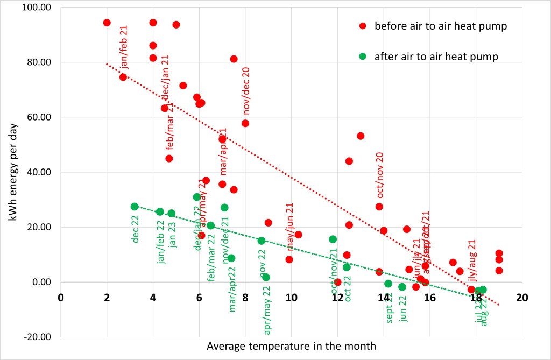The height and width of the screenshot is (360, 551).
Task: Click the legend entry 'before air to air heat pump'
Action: pos(440,26)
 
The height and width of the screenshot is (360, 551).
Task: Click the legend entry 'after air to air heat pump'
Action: pos(436,56)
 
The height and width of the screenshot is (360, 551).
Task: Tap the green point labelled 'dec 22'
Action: pos(135,207)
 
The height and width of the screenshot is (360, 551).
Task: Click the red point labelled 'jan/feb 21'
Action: pos(123,77)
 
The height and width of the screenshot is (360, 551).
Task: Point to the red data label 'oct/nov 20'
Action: pos(380,175)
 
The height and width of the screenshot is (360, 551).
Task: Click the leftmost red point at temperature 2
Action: pos(107,23)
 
